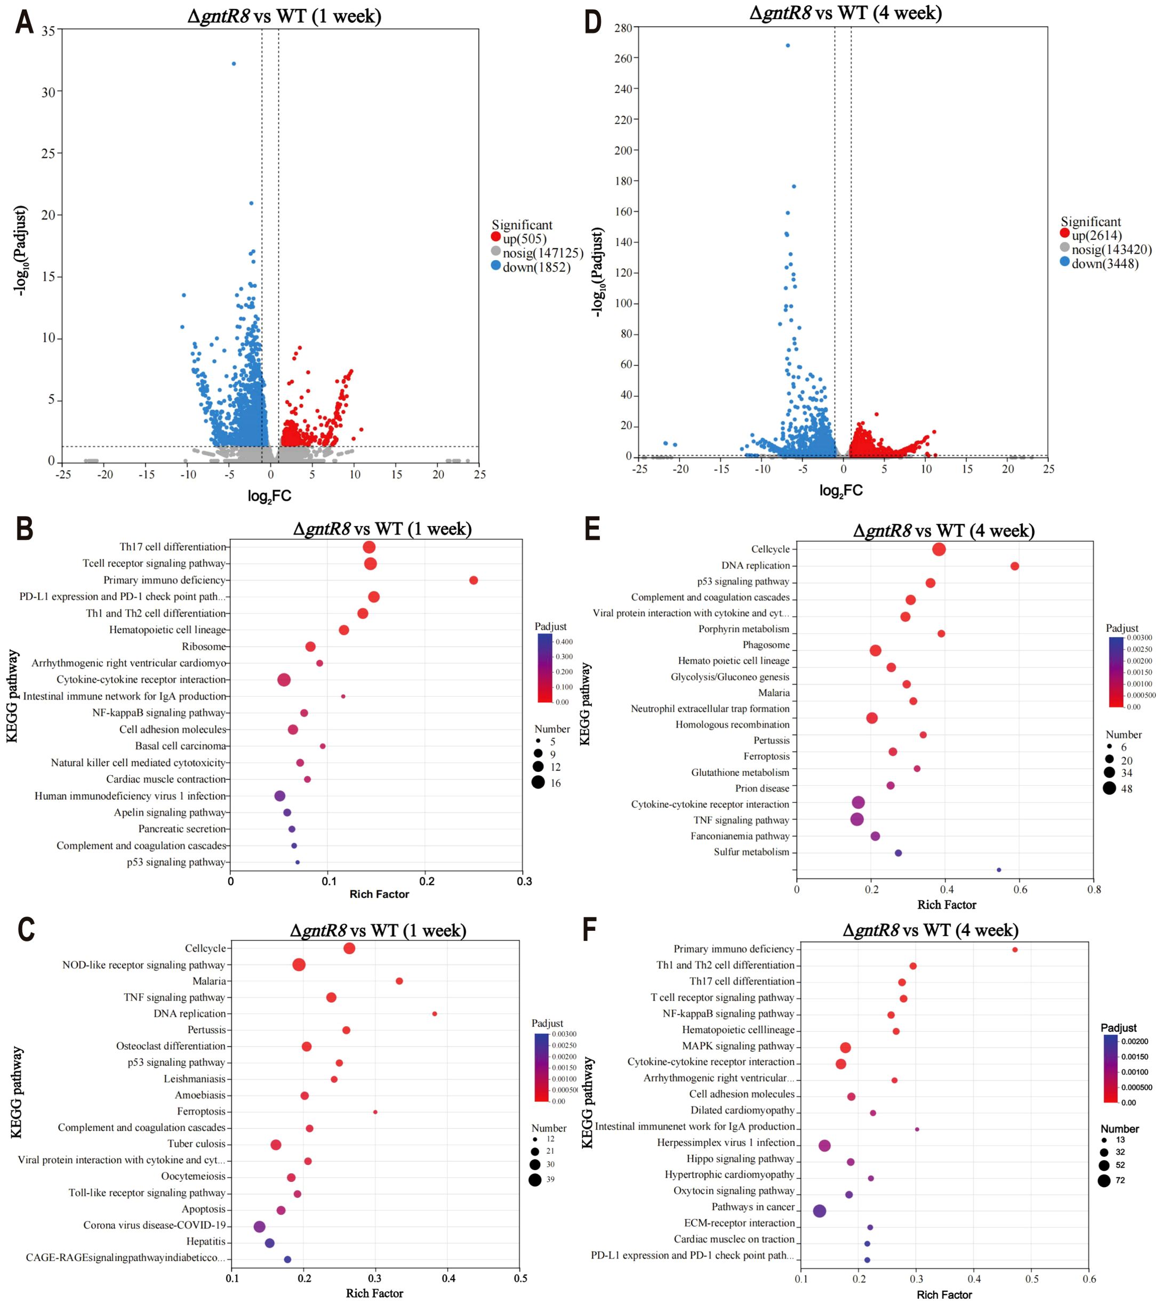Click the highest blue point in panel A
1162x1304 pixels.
click(x=234, y=64)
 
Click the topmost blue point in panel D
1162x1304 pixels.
click(x=787, y=45)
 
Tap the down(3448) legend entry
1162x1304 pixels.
click(x=1104, y=263)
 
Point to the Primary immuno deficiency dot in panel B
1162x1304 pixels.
click(x=473, y=580)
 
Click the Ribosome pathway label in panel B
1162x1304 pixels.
click(x=204, y=647)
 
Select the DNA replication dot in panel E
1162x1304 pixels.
click(x=1014, y=566)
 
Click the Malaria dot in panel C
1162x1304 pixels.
click(x=399, y=981)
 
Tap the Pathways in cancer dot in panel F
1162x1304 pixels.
click(x=820, y=1211)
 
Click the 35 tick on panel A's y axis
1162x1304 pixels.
click(x=49, y=30)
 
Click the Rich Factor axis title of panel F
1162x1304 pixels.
click(x=944, y=1294)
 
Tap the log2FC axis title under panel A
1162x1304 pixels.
click(x=269, y=495)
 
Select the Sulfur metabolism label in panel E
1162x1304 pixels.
click(x=751, y=852)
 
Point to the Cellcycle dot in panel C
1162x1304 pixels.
click(x=349, y=948)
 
